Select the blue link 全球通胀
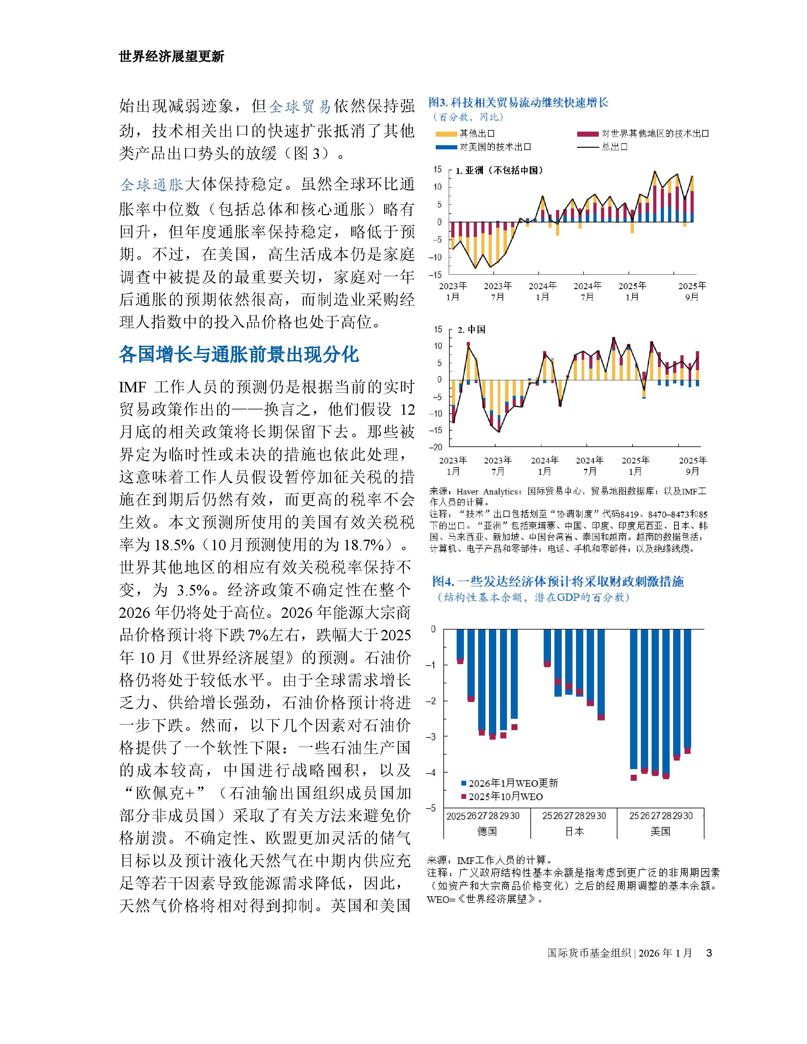(x=152, y=184)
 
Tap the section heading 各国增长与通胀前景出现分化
(x=239, y=355)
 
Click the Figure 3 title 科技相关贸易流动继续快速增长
(x=519, y=102)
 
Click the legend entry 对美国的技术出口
(x=495, y=147)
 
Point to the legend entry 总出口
(x=614, y=147)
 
